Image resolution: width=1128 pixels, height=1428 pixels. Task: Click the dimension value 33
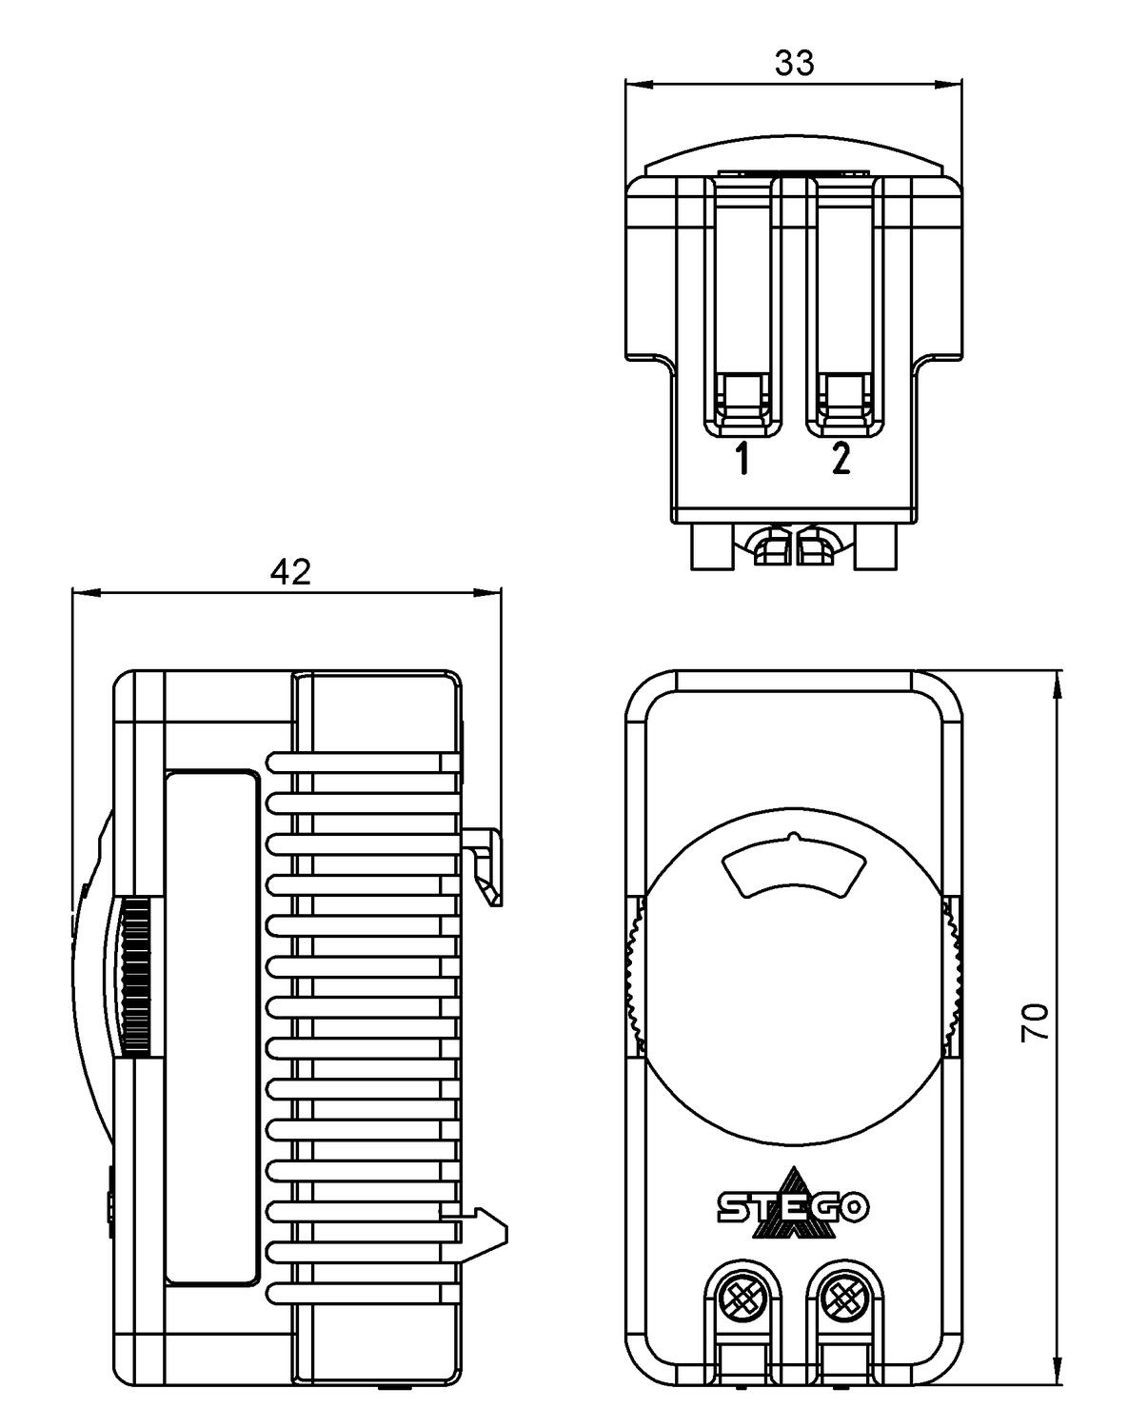[794, 63]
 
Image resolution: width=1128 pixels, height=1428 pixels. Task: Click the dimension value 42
[290, 571]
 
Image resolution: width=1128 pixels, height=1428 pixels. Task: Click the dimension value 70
[1036, 1021]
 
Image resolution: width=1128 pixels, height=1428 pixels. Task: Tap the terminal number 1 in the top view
[742, 460]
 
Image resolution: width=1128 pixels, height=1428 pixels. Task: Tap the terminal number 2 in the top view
[840, 460]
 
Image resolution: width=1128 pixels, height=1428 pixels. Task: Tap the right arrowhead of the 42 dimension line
[489, 592]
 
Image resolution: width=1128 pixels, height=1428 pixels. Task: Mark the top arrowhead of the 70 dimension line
[1058, 682]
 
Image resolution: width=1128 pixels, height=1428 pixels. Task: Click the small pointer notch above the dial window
[793, 838]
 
